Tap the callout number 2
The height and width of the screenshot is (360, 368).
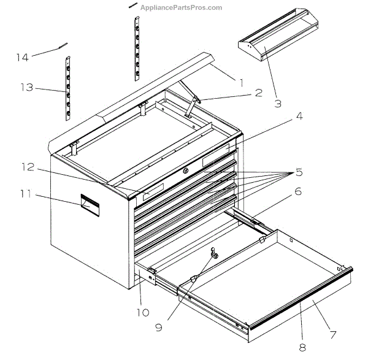(x=258, y=93)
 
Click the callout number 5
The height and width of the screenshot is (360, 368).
(x=299, y=171)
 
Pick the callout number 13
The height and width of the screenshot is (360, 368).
(x=27, y=88)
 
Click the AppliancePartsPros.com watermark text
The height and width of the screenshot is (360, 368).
(x=182, y=7)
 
